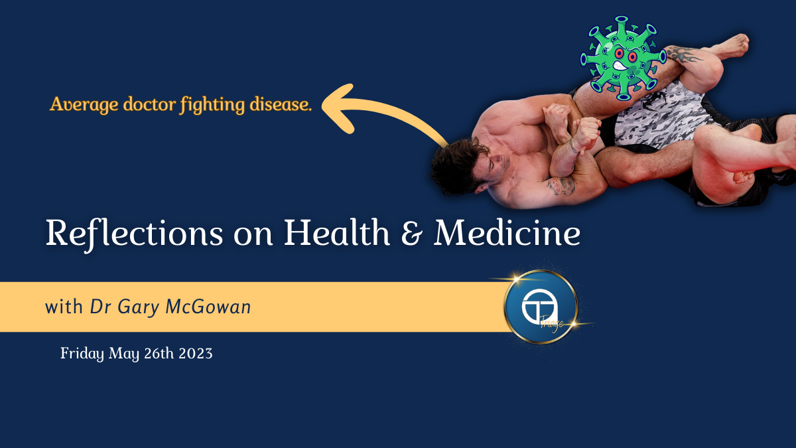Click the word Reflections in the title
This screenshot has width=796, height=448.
click(x=134, y=234)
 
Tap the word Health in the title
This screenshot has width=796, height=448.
click(x=337, y=232)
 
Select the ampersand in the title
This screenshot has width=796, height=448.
click(x=412, y=233)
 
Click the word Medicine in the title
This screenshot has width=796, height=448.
click(x=507, y=232)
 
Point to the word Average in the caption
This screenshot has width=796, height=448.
click(x=84, y=105)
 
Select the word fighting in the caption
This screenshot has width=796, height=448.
click(x=212, y=105)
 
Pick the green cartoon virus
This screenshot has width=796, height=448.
click(x=623, y=58)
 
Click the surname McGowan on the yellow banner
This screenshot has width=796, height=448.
click(x=208, y=307)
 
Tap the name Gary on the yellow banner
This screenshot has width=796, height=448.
click(x=138, y=307)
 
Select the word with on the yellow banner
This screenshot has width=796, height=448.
click(x=64, y=307)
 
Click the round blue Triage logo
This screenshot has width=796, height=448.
click(x=541, y=307)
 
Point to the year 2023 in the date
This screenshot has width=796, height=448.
click(x=196, y=353)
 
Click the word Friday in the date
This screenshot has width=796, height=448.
click(x=82, y=354)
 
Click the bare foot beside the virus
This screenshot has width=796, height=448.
click(x=728, y=46)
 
